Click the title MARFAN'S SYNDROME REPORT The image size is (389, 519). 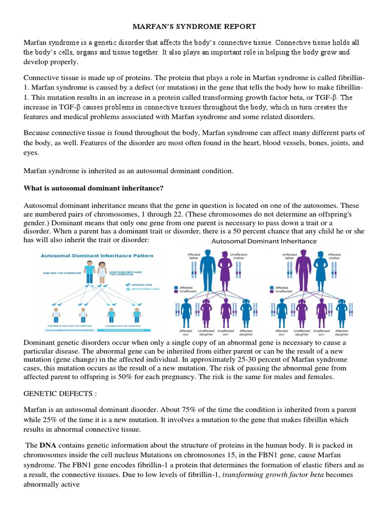[x=194, y=26]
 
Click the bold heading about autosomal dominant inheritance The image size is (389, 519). [x=94, y=188]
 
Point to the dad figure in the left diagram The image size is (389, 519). [x=90, y=271]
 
